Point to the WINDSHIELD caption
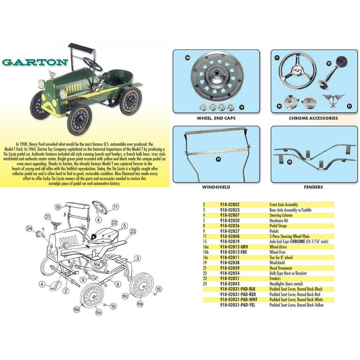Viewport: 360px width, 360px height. pos(216,187)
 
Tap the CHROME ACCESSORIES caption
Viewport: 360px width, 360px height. pos(313,118)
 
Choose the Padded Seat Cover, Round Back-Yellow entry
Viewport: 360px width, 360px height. pos(296,305)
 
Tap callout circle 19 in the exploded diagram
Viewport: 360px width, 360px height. pos(58,207)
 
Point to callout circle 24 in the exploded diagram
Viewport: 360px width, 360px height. pos(30,229)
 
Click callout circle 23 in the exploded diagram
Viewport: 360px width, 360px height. pos(133,231)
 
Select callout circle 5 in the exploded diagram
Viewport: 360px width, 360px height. pos(125,225)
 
